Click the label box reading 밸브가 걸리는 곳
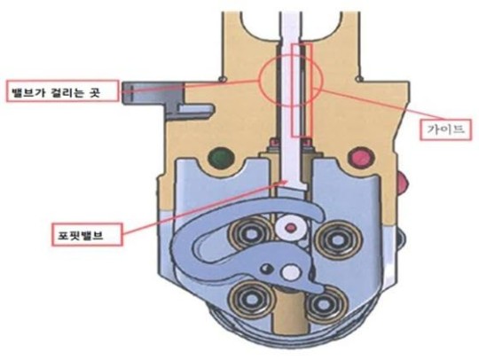click(62, 90)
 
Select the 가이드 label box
click(445, 129)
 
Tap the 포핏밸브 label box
click(87, 234)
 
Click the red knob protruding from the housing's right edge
click(403, 182)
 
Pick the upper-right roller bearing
click(338, 240)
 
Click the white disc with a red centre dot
click(290, 228)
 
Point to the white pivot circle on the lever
click(290, 272)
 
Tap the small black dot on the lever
click(267, 269)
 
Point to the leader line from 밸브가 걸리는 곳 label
click(190, 86)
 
